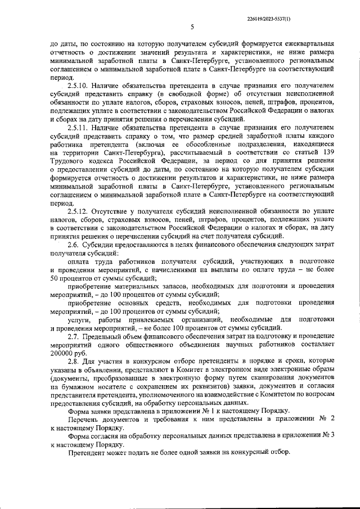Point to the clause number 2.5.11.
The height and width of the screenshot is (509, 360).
pyautogui.click(x=79, y=128)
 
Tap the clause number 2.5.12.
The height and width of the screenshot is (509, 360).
pyautogui.click(x=79, y=210)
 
